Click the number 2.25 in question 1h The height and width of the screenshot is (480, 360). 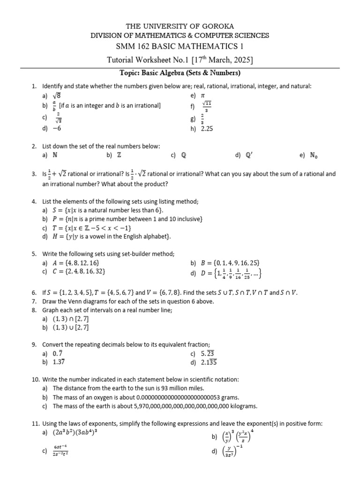pyautogui.click(x=207, y=129)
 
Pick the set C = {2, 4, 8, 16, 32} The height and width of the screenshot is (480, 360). pyautogui.click(x=81, y=271)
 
